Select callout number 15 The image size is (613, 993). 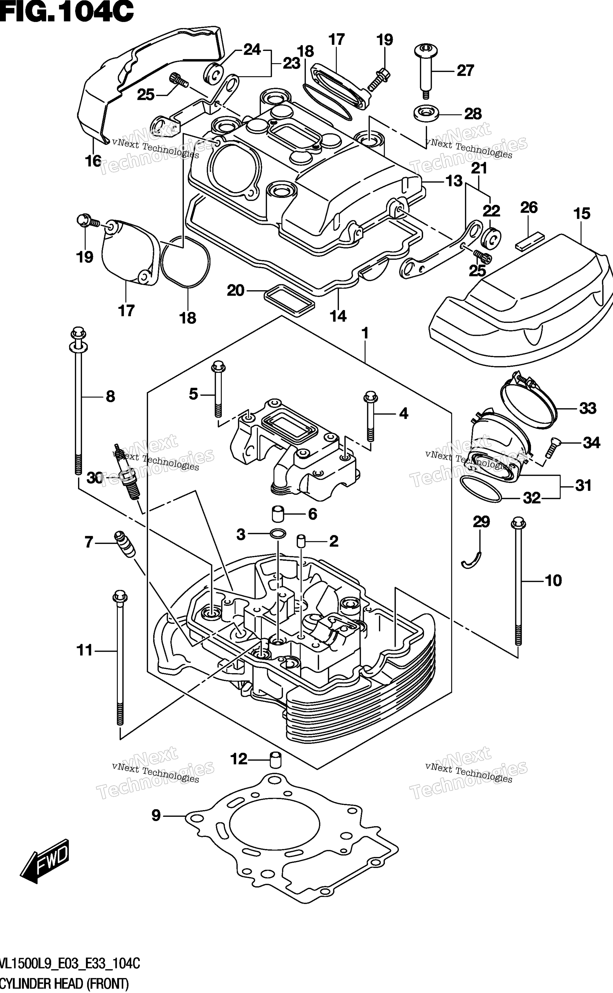tap(582, 214)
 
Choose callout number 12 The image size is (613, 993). tap(239, 759)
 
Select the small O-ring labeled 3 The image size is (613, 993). tap(278, 535)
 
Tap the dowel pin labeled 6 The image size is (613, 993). tap(277, 514)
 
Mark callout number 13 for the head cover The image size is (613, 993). tap(454, 181)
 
